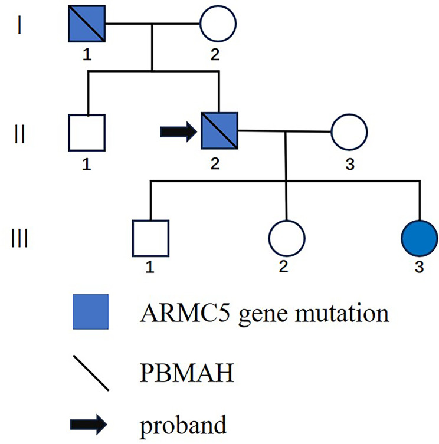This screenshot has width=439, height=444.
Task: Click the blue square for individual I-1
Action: click(87, 24)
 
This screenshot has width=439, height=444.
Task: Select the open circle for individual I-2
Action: click(218, 6)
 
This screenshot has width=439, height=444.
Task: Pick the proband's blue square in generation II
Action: click(219, 130)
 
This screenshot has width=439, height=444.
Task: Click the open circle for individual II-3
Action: click(349, 114)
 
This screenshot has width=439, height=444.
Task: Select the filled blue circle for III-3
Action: click(420, 238)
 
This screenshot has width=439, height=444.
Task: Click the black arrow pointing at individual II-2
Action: click(179, 131)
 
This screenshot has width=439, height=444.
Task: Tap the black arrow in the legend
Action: click(89, 424)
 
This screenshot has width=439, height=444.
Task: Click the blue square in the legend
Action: click(91, 312)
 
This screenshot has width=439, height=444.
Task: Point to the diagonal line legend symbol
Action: click(91, 373)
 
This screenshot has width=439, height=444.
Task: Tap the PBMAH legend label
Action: click(187, 373)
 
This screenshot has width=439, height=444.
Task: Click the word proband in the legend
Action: click(184, 426)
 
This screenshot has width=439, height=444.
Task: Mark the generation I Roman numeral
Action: click(19, 25)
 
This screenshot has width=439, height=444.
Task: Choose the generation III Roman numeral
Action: click(19, 238)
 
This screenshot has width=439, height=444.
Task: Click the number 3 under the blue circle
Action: click(419, 267)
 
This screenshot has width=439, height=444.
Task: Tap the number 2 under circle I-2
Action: click(215, 54)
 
